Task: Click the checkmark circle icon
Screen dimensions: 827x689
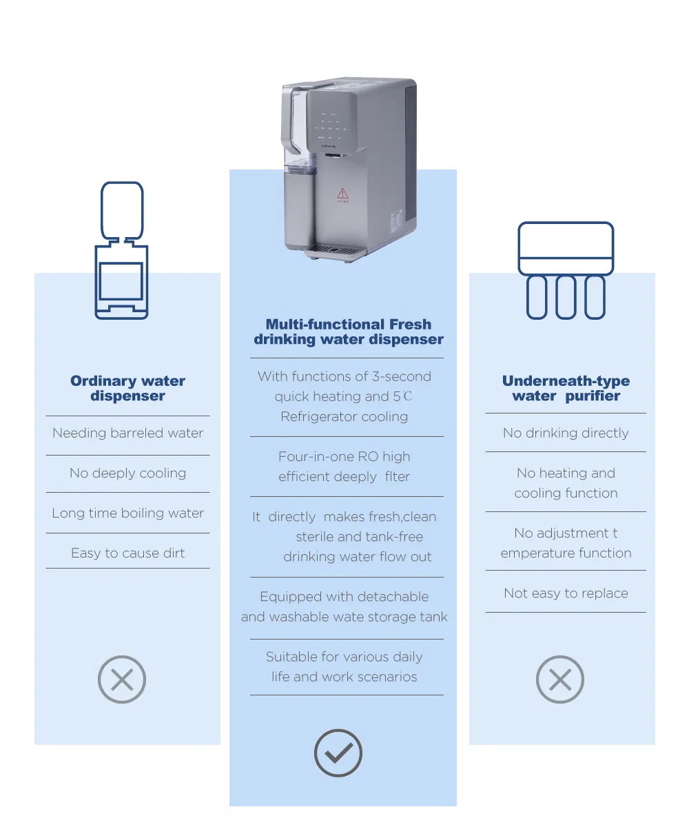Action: pyautogui.click(x=338, y=753)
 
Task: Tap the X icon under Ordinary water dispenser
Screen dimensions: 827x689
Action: pyautogui.click(x=122, y=680)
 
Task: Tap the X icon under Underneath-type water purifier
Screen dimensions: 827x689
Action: pyautogui.click(x=559, y=680)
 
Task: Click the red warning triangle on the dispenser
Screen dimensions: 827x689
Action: pyautogui.click(x=342, y=193)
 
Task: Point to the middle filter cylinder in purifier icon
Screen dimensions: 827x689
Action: pyautogui.click(x=565, y=296)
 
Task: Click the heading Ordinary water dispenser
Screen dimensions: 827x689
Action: pyautogui.click(x=127, y=388)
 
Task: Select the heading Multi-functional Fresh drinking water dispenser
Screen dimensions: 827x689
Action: pyautogui.click(x=348, y=331)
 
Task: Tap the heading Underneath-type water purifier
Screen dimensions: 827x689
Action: pyautogui.click(x=566, y=388)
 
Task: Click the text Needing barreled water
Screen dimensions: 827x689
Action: pyautogui.click(x=127, y=433)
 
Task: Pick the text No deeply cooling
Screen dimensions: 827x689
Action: pyautogui.click(x=127, y=473)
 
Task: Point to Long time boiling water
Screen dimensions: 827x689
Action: pyautogui.click(x=127, y=513)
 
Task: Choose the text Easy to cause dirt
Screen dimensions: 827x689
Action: pyautogui.click(x=127, y=553)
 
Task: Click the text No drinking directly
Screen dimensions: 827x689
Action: pyautogui.click(x=566, y=433)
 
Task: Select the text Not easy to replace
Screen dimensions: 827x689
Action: pyautogui.click(x=566, y=593)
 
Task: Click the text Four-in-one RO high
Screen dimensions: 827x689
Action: pyautogui.click(x=344, y=457)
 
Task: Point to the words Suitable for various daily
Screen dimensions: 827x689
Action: pyautogui.click(x=344, y=657)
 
